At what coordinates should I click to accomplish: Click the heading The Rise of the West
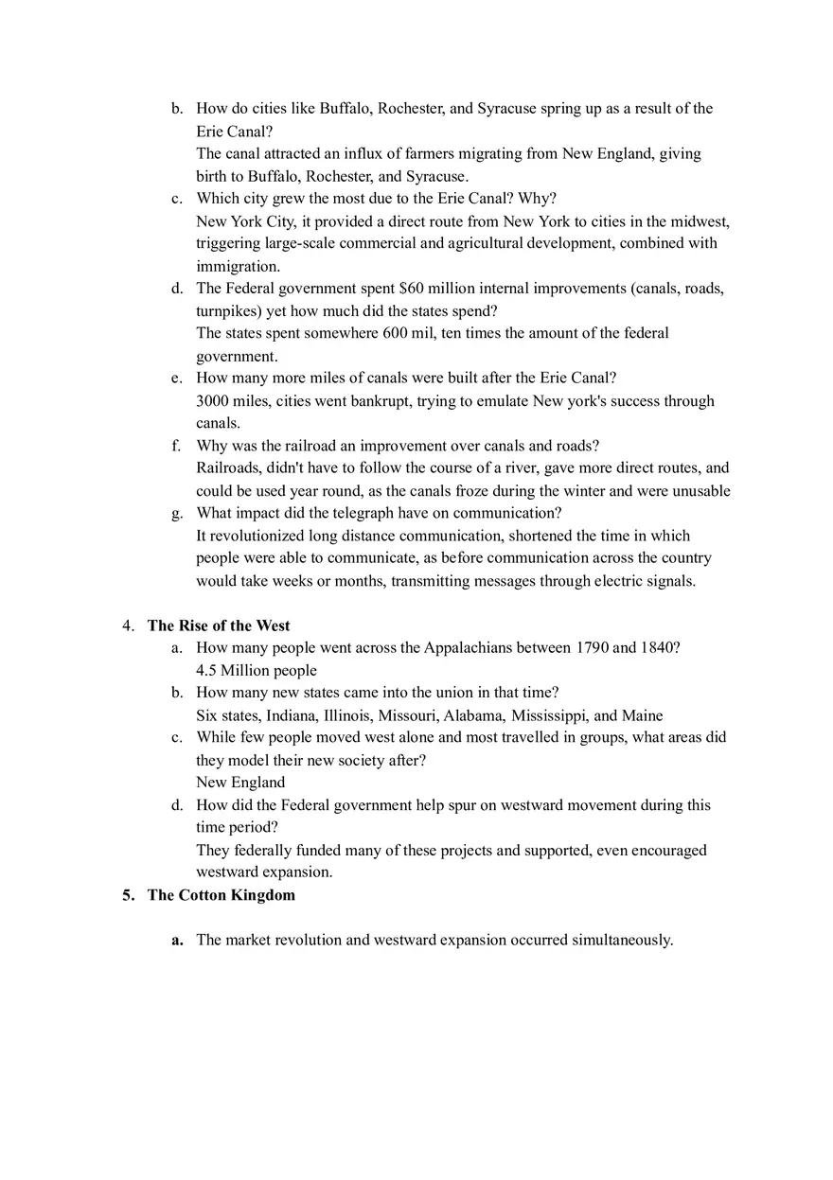tap(219, 625)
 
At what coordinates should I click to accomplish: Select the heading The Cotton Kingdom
tap(221, 895)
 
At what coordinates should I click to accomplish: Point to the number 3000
tap(213, 401)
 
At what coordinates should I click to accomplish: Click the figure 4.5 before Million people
tap(206, 671)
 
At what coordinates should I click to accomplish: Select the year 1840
tap(659, 648)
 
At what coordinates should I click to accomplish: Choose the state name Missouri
tap(406, 715)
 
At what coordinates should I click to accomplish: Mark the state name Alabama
tap(472, 715)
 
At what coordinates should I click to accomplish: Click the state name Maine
tap(642, 715)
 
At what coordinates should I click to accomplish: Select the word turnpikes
tap(228, 310)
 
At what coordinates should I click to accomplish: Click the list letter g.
tap(176, 514)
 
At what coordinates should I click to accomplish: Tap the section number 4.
tap(127, 625)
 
